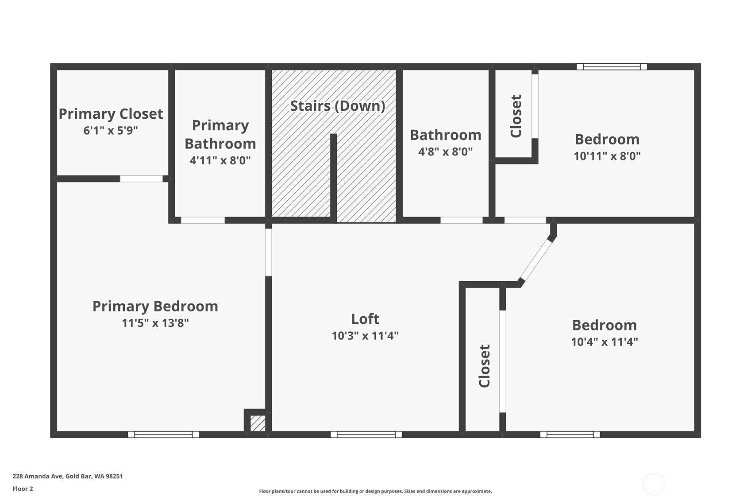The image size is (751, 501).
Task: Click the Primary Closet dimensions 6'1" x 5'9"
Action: click(111, 130)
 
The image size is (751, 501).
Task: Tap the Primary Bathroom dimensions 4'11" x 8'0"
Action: click(220, 160)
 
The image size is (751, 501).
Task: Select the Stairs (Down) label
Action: click(337, 106)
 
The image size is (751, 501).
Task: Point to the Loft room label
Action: click(365, 319)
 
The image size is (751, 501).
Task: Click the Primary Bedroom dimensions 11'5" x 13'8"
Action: click(155, 323)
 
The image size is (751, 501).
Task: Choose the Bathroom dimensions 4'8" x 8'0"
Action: click(445, 151)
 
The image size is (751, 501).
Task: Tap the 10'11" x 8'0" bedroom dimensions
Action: click(607, 156)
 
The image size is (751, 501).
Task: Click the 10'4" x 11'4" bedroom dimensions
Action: click(605, 342)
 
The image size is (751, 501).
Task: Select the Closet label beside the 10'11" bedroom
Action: click(516, 116)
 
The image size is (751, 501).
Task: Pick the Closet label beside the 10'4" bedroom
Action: click(485, 366)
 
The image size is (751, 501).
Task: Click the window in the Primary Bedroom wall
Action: click(163, 435)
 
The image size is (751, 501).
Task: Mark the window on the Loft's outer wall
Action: click(366, 435)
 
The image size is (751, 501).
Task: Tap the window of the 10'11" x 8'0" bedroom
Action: click(612, 66)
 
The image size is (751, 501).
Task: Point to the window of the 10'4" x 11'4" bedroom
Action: click(570, 435)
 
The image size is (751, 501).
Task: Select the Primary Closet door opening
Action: click(141, 179)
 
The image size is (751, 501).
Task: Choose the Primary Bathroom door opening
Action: click(203, 221)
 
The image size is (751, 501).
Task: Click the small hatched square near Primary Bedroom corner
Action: click(258, 423)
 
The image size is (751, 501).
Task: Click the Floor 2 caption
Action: click(23, 489)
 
